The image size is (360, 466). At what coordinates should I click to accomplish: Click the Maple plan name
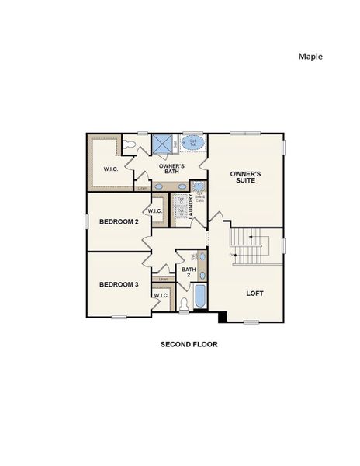pyautogui.click(x=310, y=56)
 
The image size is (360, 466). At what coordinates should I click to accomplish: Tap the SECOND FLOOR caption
pyautogui.click(x=189, y=343)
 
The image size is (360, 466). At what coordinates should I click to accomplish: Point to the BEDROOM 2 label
pyautogui.click(x=119, y=222)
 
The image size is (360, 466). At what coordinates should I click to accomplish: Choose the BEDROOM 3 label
pyautogui.click(x=119, y=284)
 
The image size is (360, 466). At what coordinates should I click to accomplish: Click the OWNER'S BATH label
pyautogui.click(x=171, y=169)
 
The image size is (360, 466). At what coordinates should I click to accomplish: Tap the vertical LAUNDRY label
pyautogui.click(x=191, y=207)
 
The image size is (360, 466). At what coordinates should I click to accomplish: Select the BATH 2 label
pyautogui.click(x=188, y=272)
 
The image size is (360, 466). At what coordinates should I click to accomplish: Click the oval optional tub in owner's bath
pyautogui.click(x=193, y=143)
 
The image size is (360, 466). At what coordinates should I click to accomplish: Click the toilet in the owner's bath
pyautogui.click(x=130, y=144)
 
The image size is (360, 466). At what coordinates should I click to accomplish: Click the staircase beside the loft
pyautogui.click(x=252, y=247)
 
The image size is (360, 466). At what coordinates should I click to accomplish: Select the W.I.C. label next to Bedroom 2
pyautogui.click(x=155, y=210)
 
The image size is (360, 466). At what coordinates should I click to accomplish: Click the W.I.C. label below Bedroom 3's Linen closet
pyautogui.click(x=161, y=295)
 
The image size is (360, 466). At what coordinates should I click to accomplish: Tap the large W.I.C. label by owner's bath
pyautogui.click(x=111, y=169)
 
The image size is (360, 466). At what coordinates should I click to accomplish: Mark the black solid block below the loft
pyautogui.click(x=223, y=316)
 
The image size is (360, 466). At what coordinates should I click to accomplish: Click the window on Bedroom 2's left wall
pyautogui.click(x=86, y=221)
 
